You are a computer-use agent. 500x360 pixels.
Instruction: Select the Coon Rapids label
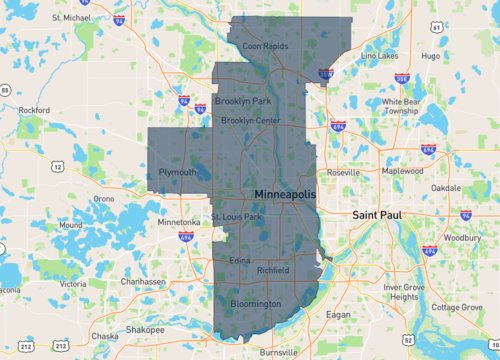(265, 45)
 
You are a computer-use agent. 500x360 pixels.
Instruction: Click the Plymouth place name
(177, 172)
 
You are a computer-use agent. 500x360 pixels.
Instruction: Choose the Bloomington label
(255, 304)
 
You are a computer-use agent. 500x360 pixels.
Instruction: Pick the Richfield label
(272, 271)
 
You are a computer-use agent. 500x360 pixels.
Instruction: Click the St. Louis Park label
(236, 216)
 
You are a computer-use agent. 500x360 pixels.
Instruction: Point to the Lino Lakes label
(379, 57)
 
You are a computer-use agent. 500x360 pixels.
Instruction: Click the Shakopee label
(145, 329)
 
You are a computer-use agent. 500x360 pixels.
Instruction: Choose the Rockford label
(33, 110)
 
